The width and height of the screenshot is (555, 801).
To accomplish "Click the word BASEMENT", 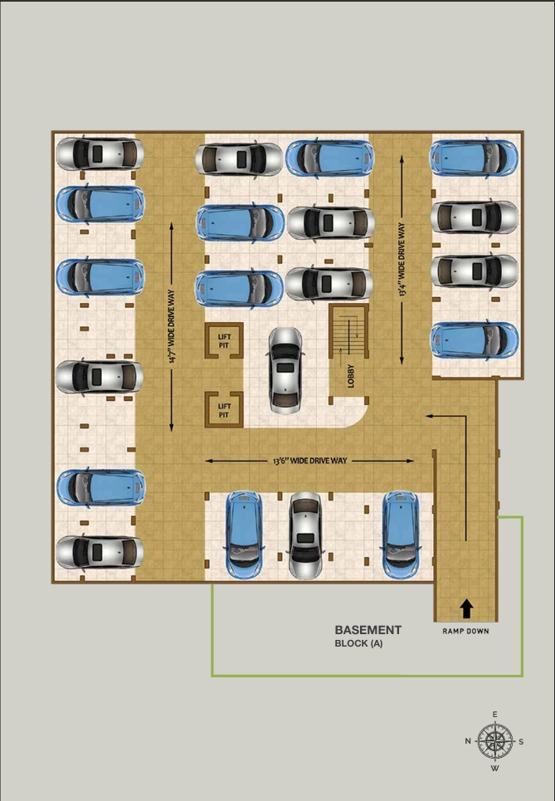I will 368,630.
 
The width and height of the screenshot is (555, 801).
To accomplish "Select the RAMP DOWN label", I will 465,631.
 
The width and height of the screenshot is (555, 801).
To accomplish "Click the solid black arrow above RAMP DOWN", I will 466,608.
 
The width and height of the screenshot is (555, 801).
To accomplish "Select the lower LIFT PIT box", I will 224,408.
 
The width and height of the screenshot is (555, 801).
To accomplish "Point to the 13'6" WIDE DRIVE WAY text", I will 309,461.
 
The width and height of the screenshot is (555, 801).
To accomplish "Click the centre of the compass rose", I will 495,740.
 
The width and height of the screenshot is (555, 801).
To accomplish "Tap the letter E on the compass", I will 495,715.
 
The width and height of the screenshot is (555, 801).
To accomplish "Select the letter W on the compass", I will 495,768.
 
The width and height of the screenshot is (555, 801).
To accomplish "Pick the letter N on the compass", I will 468,741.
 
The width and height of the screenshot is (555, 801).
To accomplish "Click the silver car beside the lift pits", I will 285,370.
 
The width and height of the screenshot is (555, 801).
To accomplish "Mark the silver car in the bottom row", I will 305,536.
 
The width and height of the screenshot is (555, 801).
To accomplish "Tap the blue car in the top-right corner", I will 474,158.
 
